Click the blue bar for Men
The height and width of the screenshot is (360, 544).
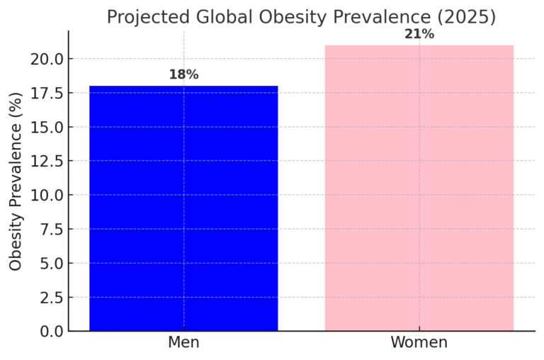coord(183,208)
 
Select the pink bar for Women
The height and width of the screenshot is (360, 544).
coord(419,188)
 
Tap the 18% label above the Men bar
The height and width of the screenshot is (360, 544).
coord(183,75)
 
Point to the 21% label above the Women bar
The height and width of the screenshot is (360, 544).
coord(419,34)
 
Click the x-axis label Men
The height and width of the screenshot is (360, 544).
coord(183,343)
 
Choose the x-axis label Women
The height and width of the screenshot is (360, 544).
coord(419,343)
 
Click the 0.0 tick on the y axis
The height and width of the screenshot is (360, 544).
coord(47,331)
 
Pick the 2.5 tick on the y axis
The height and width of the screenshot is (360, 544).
coord(47,297)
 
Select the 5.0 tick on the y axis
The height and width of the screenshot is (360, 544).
coord(47,263)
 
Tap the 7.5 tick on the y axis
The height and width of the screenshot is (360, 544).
coord(47,229)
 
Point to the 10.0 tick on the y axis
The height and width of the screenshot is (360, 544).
coord(44,195)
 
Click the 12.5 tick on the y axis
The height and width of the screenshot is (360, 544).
coord(44,161)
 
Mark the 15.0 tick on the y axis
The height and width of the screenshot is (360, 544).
coord(44,127)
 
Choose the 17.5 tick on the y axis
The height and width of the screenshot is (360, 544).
coord(44,93)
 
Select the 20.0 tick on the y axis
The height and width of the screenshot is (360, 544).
coord(44,59)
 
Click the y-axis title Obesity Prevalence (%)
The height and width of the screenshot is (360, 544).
coord(16,181)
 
